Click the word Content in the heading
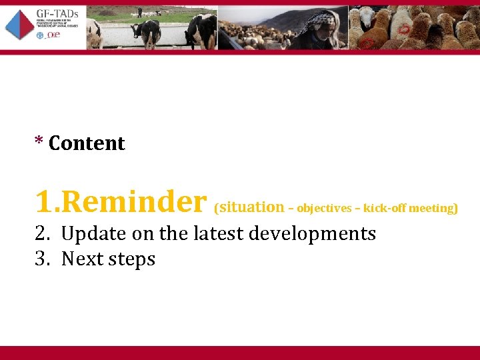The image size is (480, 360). (x=87, y=143)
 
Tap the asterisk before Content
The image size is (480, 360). (x=39, y=142)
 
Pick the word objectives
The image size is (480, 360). (x=324, y=209)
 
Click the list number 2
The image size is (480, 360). (x=42, y=234)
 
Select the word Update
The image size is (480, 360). (x=91, y=234)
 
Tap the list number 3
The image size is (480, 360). (x=42, y=259)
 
